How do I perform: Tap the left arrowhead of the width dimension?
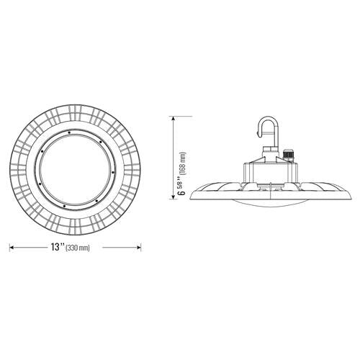(11, 247)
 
